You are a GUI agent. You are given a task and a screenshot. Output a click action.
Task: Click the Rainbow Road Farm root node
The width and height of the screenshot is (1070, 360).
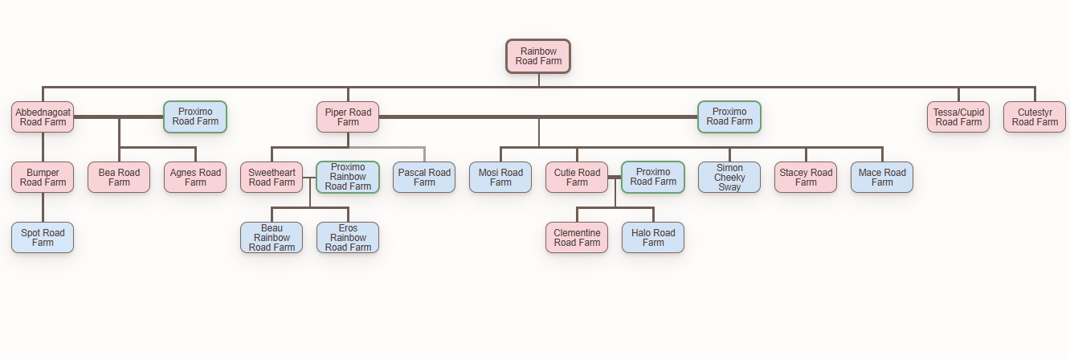538,56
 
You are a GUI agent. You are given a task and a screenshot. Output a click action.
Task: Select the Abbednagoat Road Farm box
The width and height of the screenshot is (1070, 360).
43,117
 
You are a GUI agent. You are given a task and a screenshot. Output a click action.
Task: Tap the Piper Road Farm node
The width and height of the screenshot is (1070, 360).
348,117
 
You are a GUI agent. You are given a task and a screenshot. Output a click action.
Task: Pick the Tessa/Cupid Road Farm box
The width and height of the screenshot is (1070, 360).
958,117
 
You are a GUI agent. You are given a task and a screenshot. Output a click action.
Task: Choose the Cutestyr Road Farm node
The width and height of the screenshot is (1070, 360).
1035,117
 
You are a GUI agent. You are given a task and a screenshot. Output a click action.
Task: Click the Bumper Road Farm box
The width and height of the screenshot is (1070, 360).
43,178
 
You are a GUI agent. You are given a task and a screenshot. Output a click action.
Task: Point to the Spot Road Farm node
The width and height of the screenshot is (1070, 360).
43,238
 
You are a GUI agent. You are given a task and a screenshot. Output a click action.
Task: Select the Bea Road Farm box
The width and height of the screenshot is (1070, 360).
119,178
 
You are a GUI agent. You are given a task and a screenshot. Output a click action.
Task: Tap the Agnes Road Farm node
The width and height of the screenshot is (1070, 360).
195,178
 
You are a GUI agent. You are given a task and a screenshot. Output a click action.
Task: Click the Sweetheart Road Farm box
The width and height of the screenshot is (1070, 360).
272,178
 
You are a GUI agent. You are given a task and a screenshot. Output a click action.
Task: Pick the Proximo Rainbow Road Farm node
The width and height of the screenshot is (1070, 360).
348,178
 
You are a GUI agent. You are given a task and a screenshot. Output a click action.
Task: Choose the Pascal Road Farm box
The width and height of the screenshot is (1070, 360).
424,178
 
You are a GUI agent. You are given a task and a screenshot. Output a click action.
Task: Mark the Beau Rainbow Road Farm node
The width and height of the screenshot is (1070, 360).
272,238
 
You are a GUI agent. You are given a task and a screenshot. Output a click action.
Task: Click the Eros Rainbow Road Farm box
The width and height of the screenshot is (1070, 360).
348,238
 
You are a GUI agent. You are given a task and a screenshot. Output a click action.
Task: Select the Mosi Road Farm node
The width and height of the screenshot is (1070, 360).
500,178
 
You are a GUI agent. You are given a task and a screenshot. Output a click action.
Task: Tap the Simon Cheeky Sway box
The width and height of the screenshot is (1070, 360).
729,178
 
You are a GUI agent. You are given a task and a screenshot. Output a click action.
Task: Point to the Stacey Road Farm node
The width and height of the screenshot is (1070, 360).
806,178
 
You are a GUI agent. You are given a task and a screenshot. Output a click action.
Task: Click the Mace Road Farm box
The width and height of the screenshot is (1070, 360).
882,178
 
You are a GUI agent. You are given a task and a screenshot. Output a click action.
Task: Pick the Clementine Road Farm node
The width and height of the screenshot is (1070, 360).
577,238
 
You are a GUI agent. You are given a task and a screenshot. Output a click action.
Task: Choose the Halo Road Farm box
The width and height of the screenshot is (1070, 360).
653,238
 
